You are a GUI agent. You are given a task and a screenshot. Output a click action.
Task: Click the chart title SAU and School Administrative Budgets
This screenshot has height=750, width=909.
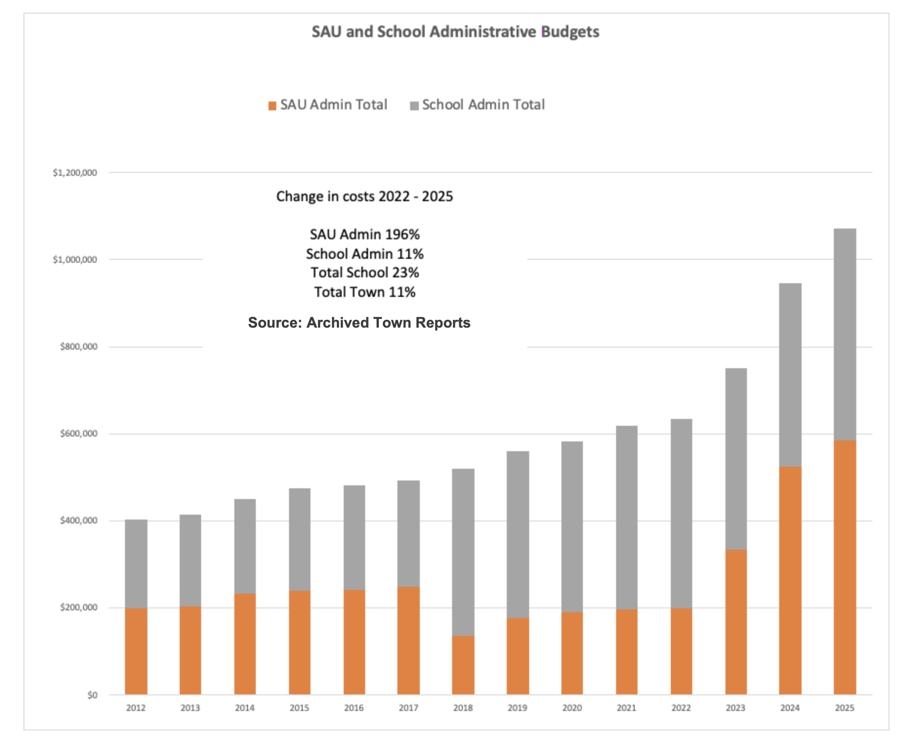pyautogui.click(x=455, y=32)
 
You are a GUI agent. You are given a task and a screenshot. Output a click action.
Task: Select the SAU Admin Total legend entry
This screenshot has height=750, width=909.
pyautogui.click(x=328, y=105)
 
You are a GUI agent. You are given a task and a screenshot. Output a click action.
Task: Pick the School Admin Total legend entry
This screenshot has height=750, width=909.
pyautogui.click(x=477, y=105)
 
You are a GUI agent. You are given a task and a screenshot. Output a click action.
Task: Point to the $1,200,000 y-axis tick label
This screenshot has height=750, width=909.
pyautogui.click(x=75, y=173)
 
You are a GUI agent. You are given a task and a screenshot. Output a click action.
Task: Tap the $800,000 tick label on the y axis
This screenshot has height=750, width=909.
pyautogui.click(x=78, y=347)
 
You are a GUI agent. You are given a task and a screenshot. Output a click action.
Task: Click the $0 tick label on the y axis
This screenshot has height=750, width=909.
pyautogui.click(x=92, y=695)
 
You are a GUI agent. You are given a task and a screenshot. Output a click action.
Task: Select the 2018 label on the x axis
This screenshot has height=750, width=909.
pyautogui.click(x=463, y=708)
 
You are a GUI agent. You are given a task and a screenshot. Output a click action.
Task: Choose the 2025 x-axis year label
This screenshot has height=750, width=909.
pyautogui.click(x=845, y=708)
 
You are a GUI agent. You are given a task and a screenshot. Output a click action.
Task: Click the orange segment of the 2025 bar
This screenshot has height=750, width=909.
pyautogui.click(x=845, y=566)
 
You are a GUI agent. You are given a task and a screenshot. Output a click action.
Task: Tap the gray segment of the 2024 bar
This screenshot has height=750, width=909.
pyautogui.click(x=790, y=375)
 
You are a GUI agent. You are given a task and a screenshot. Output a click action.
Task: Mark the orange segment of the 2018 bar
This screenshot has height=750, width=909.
pyautogui.click(x=463, y=665)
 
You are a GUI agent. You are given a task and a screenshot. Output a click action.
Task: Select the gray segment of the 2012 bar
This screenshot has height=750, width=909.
pyautogui.click(x=136, y=564)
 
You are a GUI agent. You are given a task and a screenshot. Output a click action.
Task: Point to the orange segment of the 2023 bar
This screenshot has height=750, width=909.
pyautogui.click(x=736, y=622)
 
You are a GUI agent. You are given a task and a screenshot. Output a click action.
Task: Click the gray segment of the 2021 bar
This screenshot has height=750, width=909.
pyautogui.click(x=626, y=518)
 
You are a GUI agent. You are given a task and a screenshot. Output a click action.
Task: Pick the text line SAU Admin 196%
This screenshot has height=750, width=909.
pyautogui.click(x=365, y=235)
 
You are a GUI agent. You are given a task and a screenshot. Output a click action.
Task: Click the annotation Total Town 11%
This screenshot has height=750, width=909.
pyautogui.click(x=365, y=292)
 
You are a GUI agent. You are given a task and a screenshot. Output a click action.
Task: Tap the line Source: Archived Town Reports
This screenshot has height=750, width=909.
pyautogui.click(x=359, y=323)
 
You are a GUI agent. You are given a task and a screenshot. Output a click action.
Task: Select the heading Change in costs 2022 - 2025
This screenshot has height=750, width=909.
pyautogui.click(x=365, y=197)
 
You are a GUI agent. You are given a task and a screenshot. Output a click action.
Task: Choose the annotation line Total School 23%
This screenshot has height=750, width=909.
pyautogui.click(x=365, y=273)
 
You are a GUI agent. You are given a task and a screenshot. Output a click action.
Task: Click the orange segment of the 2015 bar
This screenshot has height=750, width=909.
pyautogui.click(x=299, y=643)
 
